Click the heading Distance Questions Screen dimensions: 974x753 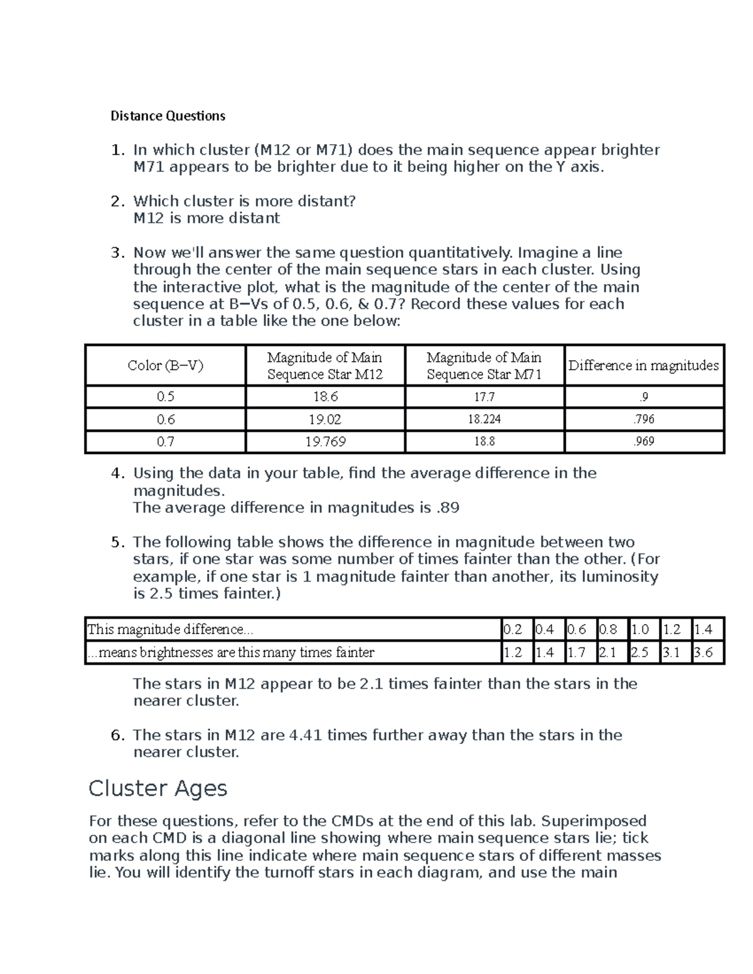pos(168,116)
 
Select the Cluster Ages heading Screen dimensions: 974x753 pos(158,788)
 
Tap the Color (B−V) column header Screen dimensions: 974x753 pos(166,366)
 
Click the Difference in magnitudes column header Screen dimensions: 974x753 pos(644,366)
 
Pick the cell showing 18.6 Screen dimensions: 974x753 pos(325,397)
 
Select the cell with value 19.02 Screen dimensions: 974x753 pos(325,420)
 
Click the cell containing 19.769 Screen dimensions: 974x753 pos(325,442)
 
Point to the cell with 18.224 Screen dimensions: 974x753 pos(484,420)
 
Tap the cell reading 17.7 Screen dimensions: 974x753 pos(484,397)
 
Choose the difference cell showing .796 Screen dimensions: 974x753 pos(644,420)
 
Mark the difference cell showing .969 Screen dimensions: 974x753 pos(644,442)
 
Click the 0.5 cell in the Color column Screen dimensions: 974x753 pos(166,397)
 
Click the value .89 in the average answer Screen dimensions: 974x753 pos(447,508)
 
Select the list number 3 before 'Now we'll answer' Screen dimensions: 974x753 pos(116,253)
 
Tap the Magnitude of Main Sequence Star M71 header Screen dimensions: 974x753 pos(484,366)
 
